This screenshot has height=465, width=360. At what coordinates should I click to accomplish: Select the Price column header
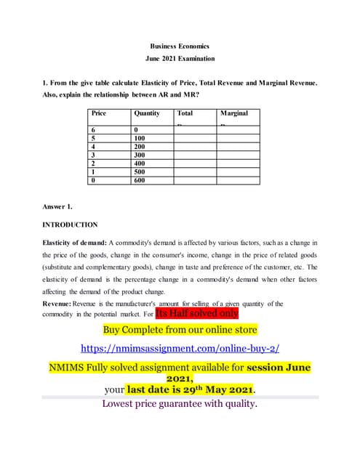pos(99,113)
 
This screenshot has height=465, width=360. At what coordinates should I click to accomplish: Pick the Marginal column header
pos(233,113)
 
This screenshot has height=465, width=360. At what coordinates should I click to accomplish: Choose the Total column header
pos(185,113)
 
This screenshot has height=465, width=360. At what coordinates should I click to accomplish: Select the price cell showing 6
pos(94,128)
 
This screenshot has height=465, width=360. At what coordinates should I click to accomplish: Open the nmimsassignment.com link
pos(180,347)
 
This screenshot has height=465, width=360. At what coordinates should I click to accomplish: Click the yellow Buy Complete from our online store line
pos(180,330)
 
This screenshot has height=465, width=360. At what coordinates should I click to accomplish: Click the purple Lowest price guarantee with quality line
pos(180,404)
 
